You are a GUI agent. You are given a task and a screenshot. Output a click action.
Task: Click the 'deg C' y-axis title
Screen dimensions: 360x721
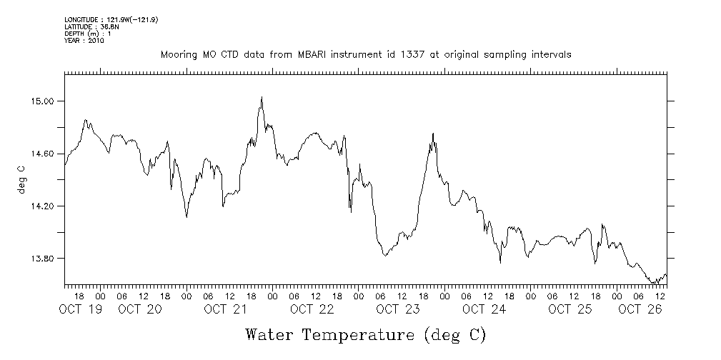22,179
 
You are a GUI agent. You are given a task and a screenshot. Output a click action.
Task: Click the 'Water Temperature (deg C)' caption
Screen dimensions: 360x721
365,334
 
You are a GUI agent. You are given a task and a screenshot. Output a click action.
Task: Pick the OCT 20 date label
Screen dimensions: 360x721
140,309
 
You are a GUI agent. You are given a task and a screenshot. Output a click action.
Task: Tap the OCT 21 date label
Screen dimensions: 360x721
226,309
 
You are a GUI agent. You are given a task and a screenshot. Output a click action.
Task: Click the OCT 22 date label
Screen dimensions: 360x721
312,309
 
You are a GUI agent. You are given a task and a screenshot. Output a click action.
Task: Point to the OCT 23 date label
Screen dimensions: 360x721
398,309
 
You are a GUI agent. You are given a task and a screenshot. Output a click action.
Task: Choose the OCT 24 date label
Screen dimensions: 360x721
484,309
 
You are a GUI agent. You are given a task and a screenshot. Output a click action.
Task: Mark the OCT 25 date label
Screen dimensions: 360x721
570,309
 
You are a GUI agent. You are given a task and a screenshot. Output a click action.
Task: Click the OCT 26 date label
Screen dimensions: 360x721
640,309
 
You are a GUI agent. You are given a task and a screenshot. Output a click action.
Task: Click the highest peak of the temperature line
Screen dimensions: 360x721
262,97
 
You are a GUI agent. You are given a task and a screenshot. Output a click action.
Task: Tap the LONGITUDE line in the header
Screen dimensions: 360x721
111,19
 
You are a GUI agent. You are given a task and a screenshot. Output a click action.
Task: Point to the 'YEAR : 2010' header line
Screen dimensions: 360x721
84,41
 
